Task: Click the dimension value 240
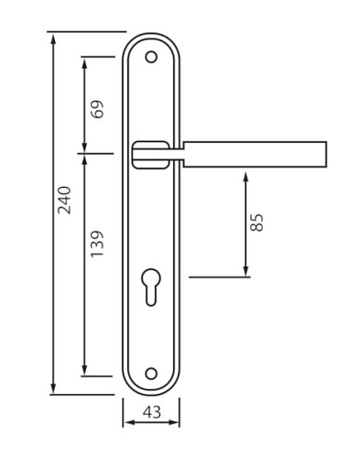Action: click(64, 200)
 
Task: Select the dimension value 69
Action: click(97, 109)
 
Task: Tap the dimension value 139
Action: click(97, 244)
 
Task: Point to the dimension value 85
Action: click(256, 223)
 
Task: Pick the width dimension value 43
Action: click(152, 412)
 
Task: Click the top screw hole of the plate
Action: click(151, 57)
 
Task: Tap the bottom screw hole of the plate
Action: click(151, 374)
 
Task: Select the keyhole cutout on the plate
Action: click(151, 287)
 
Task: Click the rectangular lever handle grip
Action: click(255, 154)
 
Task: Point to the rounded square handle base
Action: click(150, 155)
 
